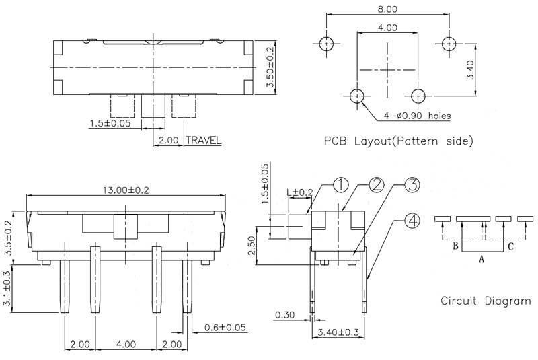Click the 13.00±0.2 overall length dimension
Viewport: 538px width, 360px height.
tap(126, 190)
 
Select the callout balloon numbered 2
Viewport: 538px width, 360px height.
tap(376, 185)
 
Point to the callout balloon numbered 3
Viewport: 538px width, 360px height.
tap(411, 185)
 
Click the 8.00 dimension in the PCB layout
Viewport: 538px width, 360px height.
tap(387, 9)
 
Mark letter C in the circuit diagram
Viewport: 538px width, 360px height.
tap(510, 247)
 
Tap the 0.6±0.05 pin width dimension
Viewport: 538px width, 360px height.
tap(225, 328)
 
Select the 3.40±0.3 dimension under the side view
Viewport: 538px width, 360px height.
tap(339, 332)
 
